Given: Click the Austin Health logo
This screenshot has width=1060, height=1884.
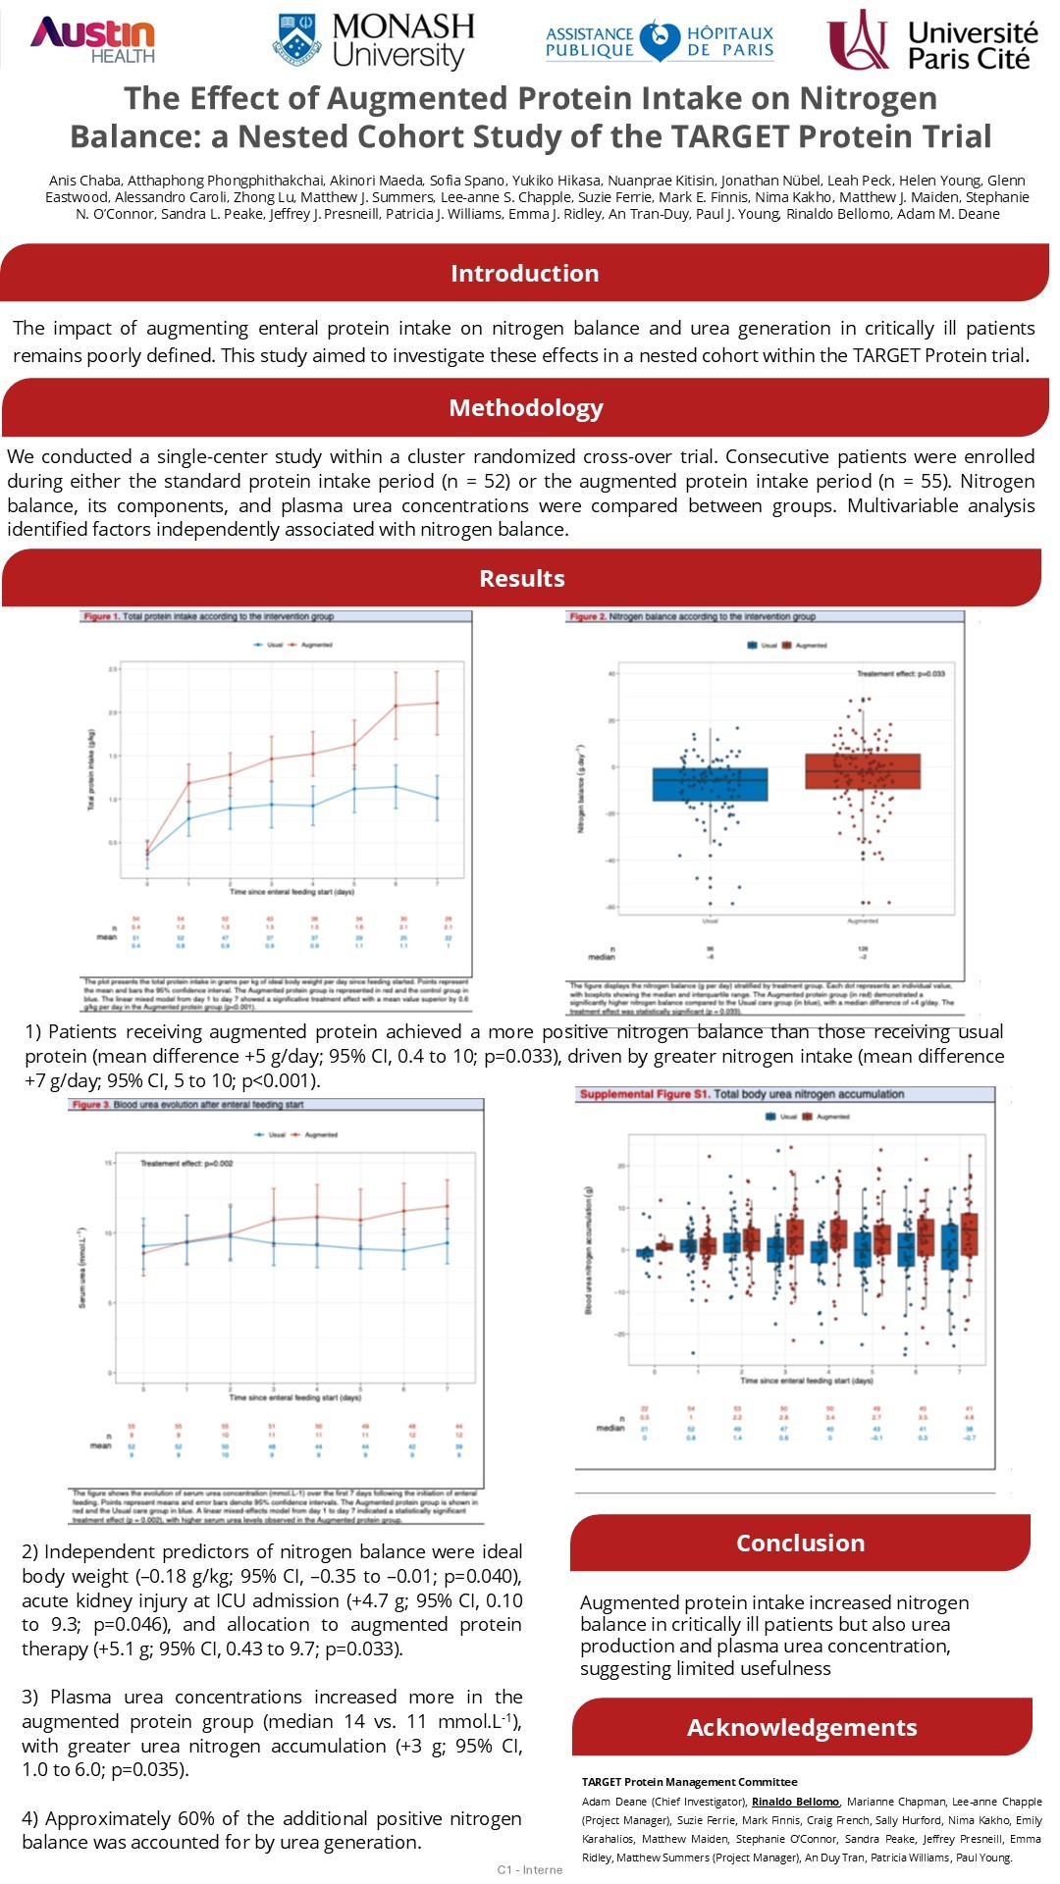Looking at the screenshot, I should click(92, 40).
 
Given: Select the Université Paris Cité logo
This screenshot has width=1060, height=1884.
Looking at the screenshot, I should click(932, 41).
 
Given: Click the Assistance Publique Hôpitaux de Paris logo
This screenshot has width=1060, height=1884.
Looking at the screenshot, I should click(660, 41).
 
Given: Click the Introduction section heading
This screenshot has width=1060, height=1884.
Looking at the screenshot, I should click(524, 274).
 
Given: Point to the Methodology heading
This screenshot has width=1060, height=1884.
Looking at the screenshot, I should click(526, 408).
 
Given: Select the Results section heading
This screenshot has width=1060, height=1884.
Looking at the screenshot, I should click(521, 579).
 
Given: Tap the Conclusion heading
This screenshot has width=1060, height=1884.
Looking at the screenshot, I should click(800, 1544).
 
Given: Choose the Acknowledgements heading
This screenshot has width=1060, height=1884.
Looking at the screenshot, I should click(801, 1728).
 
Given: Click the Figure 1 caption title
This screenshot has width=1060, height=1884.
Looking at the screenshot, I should click(208, 617).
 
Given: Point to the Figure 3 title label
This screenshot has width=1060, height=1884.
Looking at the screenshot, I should click(186, 1105).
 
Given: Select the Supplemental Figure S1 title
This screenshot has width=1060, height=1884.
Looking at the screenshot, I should click(741, 1094).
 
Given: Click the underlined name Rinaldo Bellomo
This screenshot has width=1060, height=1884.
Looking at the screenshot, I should click(795, 1802).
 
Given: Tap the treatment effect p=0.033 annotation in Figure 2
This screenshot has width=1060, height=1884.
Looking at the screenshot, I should click(900, 674).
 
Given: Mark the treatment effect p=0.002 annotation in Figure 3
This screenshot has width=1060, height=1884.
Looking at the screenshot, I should click(186, 1164).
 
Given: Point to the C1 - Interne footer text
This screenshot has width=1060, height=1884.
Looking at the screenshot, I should click(530, 1869).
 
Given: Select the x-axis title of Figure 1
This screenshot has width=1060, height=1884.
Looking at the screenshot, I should click(291, 892).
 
